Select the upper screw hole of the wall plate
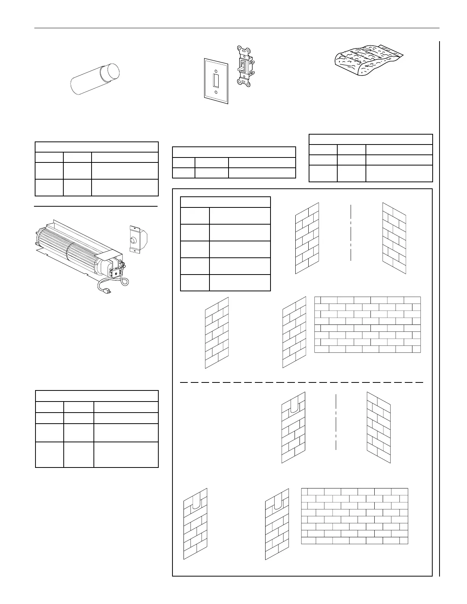click(x=216, y=71)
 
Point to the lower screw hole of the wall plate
click(x=216, y=92)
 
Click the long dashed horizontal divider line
click(x=301, y=382)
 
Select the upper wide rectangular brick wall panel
click(x=367, y=324)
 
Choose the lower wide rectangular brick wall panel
click(x=354, y=516)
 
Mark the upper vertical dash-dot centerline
click(x=350, y=233)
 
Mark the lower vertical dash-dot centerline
click(x=336, y=422)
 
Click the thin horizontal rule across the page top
click(x=237, y=28)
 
